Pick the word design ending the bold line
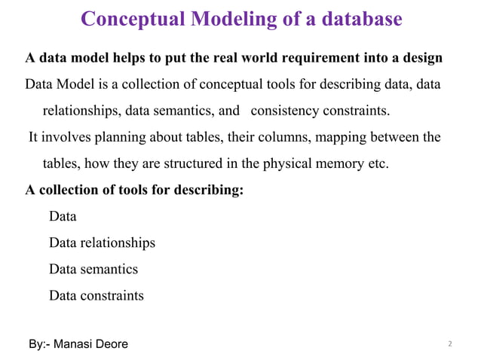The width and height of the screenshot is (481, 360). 420,58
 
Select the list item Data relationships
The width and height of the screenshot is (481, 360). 102,243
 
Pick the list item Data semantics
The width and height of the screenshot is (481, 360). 93,269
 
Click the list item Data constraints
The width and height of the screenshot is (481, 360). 96,295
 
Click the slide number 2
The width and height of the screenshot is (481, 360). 449,344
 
